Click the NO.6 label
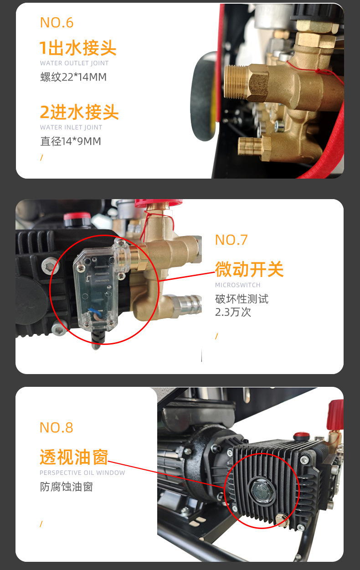point(57,22)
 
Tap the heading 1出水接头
point(78,47)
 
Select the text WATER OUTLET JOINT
point(74,63)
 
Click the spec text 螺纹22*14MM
point(73,77)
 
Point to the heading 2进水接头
point(79,112)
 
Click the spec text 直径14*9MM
point(71,141)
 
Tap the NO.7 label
point(231,240)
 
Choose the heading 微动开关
point(249,269)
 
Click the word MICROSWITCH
point(238,285)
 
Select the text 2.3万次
point(233,312)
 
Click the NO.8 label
point(57,427)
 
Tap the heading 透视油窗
point(74,457)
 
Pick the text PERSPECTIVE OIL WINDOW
point(82,473)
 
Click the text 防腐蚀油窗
point(66,487)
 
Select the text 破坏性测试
point(242,299)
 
